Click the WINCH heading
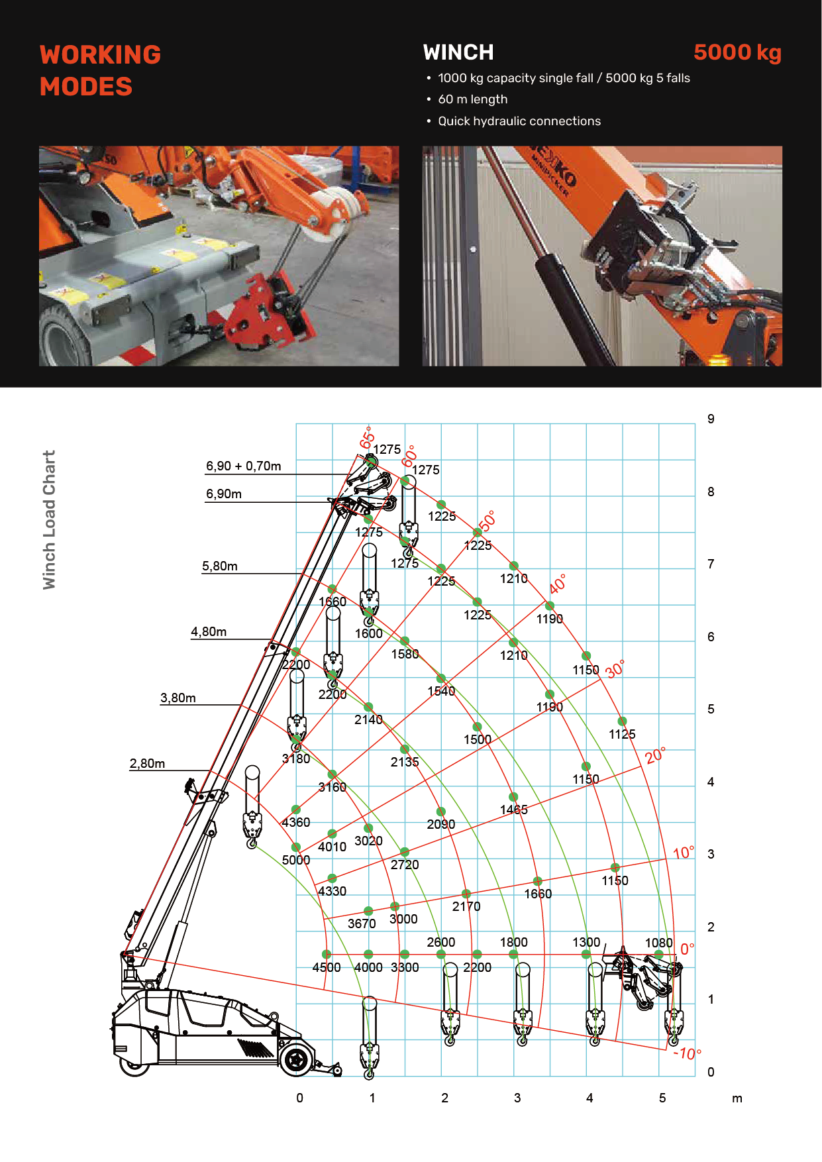click(x=458, y=52)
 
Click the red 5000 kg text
click(x=737, y=52)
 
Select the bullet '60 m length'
click(x=472, y=99)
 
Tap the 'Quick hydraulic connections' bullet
click(x=519, y=121)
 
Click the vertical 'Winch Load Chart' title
click(x=49, y=520)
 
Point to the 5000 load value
click(x=295, y=860)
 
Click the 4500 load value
click(x=326, y=967)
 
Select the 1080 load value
click(x=658, y=943)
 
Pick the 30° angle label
click(x=615, y=669)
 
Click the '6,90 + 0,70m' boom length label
click(x=243, y=466)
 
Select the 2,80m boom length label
click(x=147, y=763)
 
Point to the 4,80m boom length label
click(x=209, y=632)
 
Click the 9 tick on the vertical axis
click(x=711, y=419)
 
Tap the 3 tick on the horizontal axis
click(x=517, y=1098)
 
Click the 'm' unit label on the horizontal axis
click(x=737, y=1098)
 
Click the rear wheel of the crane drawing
click(x=296, y=1059)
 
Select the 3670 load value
click(x=362, y=924)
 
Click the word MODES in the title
click(x=86, y=87)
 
